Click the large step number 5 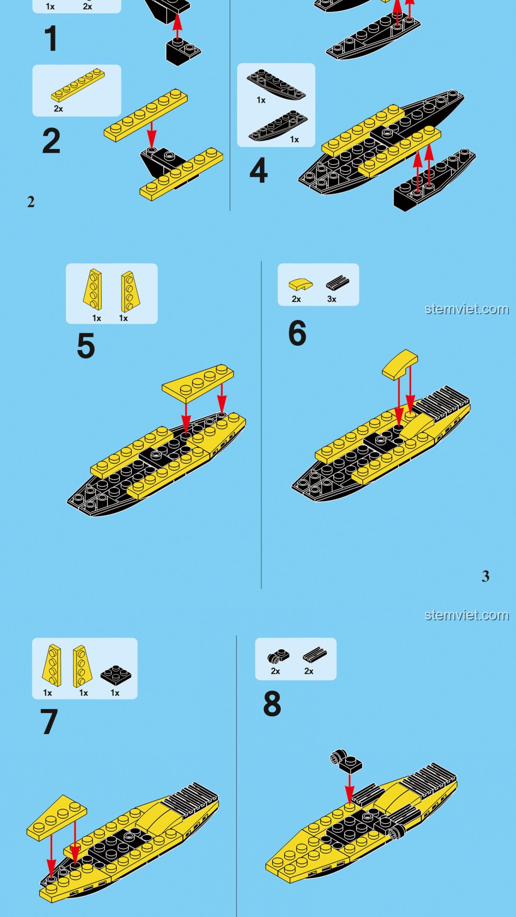point(86,346)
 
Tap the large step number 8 point(272,704)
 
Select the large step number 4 point(258,171)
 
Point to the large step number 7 point(49,722)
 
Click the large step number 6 point(297,333)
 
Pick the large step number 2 point(52,141)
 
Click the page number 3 point(485,576)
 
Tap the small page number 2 point(31,202)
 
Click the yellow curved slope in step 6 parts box point(301,285)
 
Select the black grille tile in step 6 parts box point(338,283)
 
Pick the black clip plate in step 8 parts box point(278,657)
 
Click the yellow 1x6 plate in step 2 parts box point(78,85)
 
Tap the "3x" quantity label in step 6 point(332,299)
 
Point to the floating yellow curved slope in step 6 point(400,365)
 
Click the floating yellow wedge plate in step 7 point(57,818)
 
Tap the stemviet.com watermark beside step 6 point(467,309)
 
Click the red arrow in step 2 point(151,135)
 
